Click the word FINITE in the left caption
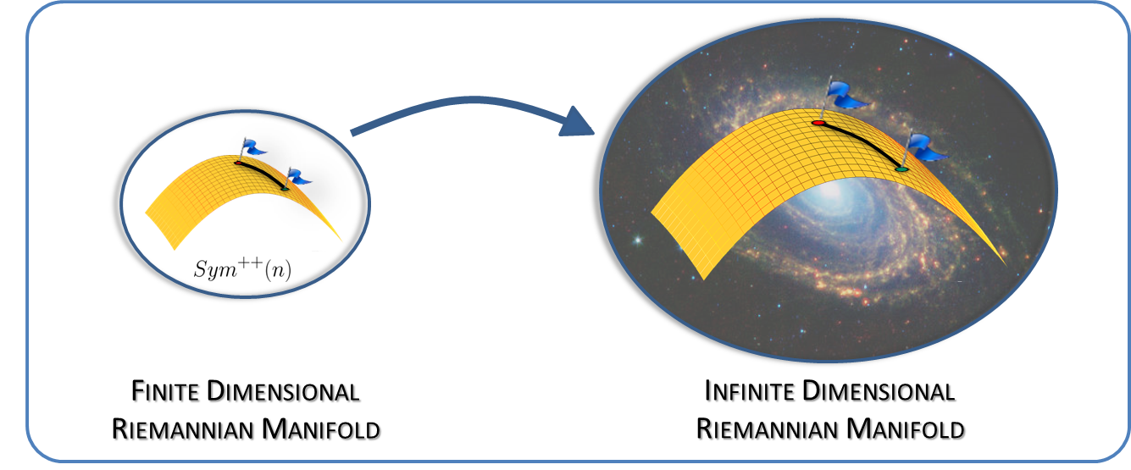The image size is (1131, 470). click(x=166, y=393)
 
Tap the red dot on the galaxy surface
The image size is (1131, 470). click(x=818, y=124)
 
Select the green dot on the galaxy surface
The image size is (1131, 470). click(x=902, y=170)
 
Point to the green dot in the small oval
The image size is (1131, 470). click(x=286, y=188)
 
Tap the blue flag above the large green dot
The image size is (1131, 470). click(x=928, y=147)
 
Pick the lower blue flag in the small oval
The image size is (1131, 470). click(x=299, y=177)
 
